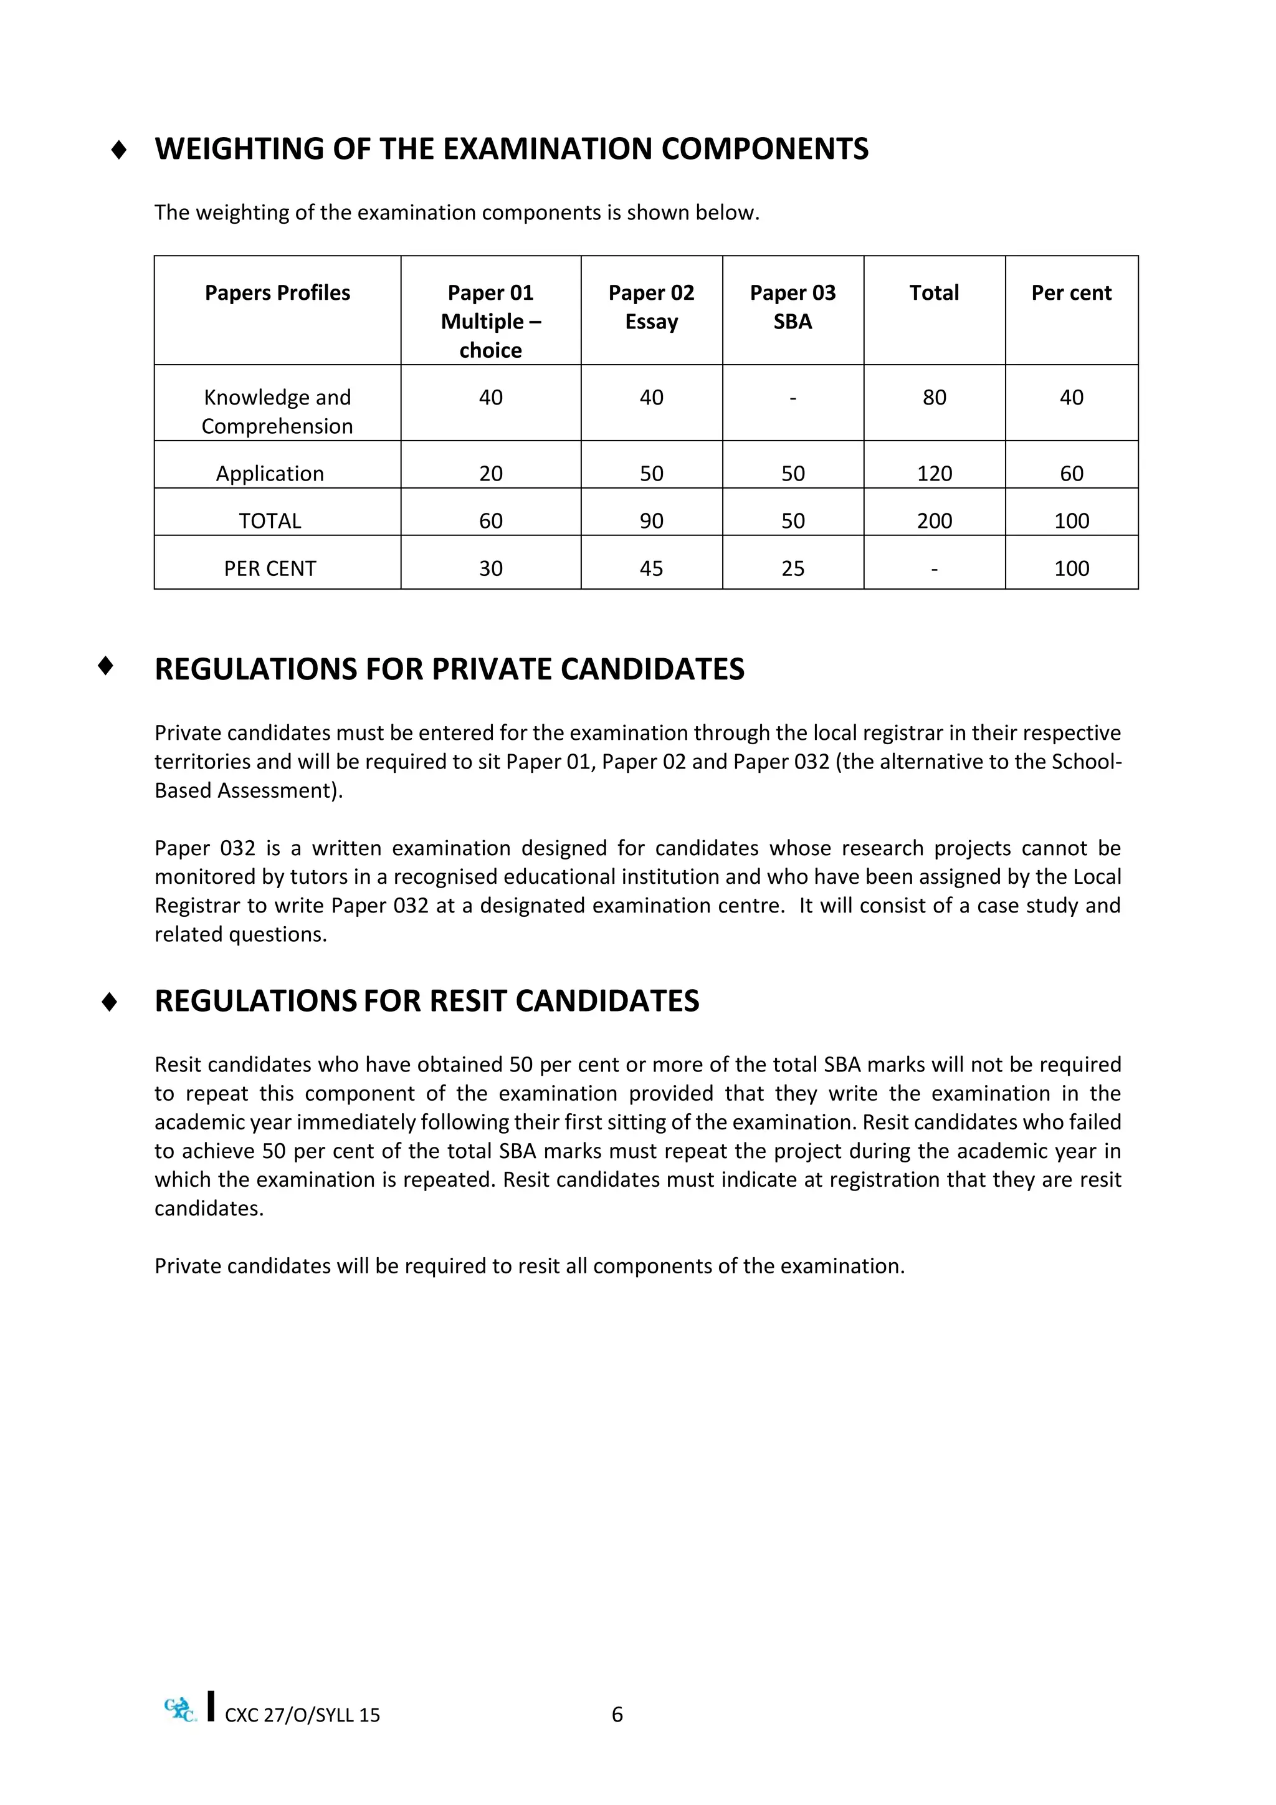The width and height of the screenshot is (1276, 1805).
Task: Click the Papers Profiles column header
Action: pos(277,292)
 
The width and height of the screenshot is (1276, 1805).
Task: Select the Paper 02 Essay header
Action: pos(651,307)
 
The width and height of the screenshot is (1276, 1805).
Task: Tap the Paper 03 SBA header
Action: pos(792,307)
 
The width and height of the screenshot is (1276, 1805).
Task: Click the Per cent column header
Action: pos(1071,292)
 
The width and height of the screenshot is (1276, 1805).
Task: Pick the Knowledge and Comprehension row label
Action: pos(277,411)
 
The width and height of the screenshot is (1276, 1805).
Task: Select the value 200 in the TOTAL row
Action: pos(934,520)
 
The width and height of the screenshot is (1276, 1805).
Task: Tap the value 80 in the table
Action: pos(934,397)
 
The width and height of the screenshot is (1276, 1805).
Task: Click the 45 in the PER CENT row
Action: pos(651,568)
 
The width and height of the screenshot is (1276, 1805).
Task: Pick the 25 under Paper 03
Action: pos(792,568)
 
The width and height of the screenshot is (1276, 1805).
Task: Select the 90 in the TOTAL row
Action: pos(651,520)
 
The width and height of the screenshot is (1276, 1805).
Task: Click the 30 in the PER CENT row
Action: pos(490,568)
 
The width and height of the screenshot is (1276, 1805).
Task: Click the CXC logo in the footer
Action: pos(181,1709)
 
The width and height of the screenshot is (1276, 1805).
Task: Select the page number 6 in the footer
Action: pos(617,1715)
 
